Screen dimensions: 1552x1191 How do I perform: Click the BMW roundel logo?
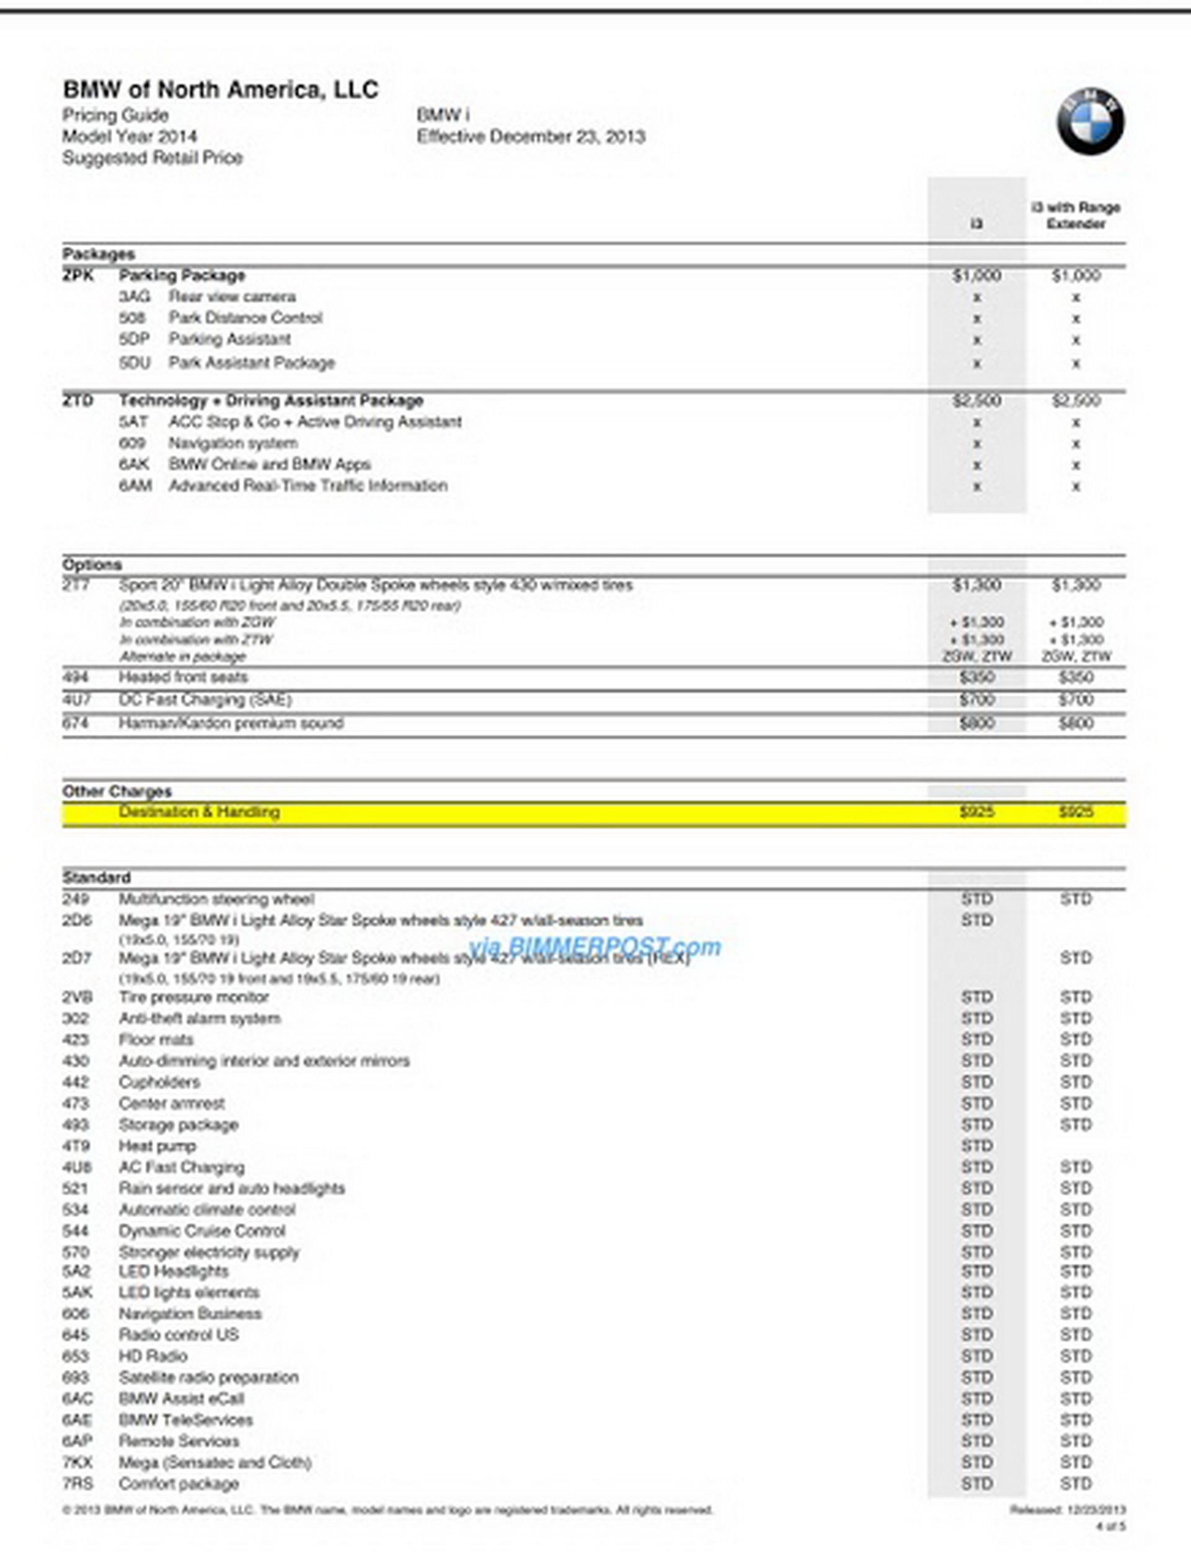click(x=1091, y=122)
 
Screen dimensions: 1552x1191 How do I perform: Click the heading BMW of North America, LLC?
click(x=221, y=90)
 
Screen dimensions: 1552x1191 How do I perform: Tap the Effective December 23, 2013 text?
click(x=531, y=137)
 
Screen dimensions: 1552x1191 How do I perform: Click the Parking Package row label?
click(x=182, y=275)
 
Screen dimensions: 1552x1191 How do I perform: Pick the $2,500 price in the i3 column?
click(x=976, y=401)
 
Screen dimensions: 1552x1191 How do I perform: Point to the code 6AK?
click(x=134, y=464)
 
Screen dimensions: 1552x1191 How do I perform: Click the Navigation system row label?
click(x=232, y=443)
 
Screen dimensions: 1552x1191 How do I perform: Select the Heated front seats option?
click(x=183, y=677)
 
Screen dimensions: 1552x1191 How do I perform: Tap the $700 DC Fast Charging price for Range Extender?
click(x=1076, y=701)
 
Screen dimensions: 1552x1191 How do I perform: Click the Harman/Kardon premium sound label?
click(x=231, y=723)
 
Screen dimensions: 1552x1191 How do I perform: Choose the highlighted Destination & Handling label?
click(x=198, y=812)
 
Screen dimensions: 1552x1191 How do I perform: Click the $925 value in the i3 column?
click(x=976, y=812)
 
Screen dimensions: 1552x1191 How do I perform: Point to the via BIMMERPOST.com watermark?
click(x=594, y=946)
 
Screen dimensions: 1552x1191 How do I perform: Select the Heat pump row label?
click(x=157, y=1146)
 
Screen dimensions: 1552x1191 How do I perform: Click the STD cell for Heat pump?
click(x=976, y=1146)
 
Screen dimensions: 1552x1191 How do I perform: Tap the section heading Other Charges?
click(x=117, y=791)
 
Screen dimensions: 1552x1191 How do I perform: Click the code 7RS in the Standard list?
click(x=76, y=1484)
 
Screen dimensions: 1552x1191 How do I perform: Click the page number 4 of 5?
click(x=1110, y=1526)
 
